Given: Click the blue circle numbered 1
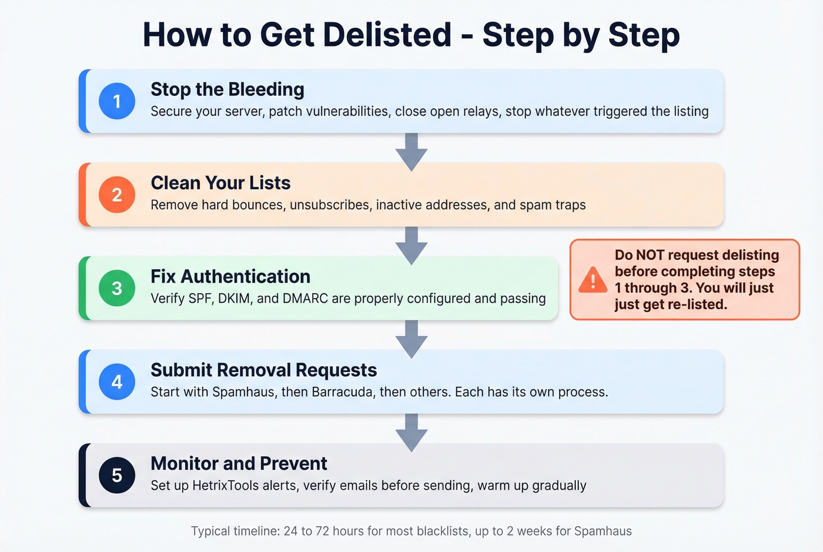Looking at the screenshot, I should [117, 101].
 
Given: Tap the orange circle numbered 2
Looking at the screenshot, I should [117, 195].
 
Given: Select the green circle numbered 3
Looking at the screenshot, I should [117, 288].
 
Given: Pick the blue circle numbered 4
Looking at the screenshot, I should [117, 382].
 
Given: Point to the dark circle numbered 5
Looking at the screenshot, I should [117, 475].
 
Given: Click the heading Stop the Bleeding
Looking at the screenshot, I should [228, 89].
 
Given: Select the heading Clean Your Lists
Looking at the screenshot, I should [220, 183].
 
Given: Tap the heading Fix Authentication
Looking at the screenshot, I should [230, 276].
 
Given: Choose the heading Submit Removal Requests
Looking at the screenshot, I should [264, 370].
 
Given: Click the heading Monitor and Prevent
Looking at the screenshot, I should [239, 463].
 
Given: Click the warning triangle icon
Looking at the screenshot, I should [593, 280].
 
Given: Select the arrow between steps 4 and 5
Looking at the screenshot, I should [411, 431].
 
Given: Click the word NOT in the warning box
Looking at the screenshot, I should [650, 255].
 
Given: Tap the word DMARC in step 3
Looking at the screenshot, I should [305, 299].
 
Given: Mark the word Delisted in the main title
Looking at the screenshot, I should [387, 35].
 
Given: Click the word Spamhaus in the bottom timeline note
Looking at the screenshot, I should [603, 531].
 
